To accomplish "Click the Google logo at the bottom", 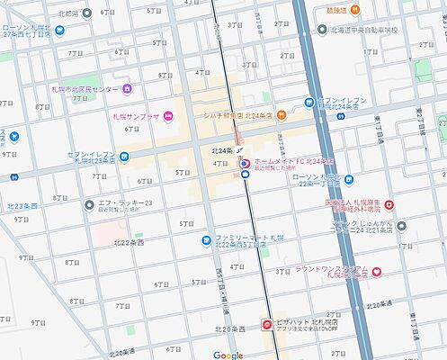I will tap(228, 355).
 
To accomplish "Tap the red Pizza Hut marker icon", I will tap(267, 324).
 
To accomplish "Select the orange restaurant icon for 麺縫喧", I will tap(356, 10).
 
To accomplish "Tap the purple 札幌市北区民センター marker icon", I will tap(127, 88).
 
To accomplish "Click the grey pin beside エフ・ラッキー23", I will tap(88, 204).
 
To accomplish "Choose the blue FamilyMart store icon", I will tap(206, 240).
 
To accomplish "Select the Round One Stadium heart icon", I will tap(377, 271).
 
